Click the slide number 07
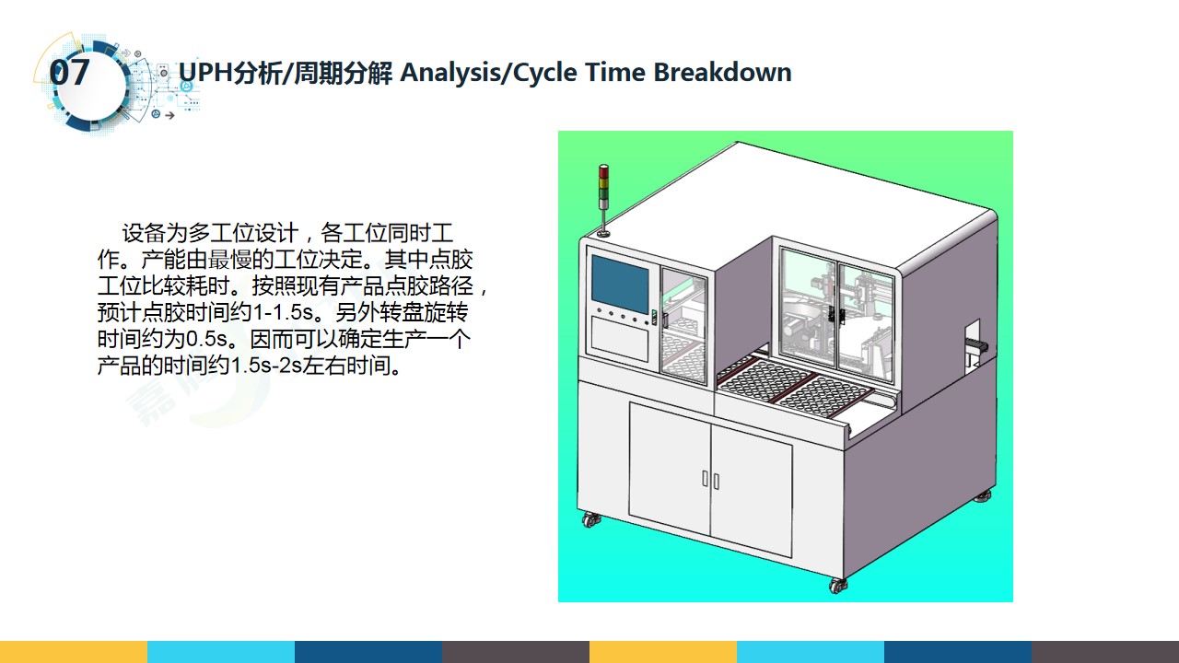tap(69, 72)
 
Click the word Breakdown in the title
tap(722, 72)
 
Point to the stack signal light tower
tap(603, 199)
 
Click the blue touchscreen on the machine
tap(620, 284)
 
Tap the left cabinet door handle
tap(706, 478)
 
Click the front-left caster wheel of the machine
tap(590, 519)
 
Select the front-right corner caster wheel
tap(837, 586)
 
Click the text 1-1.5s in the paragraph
tap(283, 312)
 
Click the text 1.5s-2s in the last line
tap(266, 366)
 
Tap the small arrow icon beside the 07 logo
tap(169, 115)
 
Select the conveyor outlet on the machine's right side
tap(975, 344)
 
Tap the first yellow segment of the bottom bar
tap(74, 652)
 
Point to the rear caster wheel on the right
tap(983, 496)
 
